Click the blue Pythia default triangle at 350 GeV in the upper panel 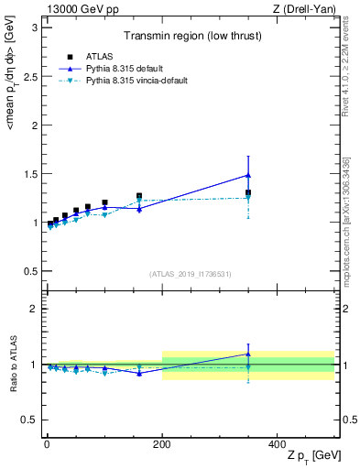(248, 175)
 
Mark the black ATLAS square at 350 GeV (248, 193)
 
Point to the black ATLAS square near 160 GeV (139, 196)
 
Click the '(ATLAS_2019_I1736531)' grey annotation (191, 274)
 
